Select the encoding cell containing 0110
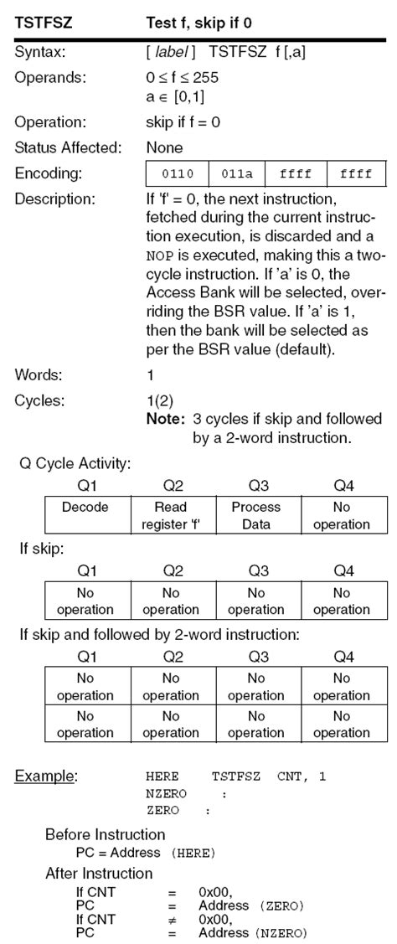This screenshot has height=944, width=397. (x=177, y=174)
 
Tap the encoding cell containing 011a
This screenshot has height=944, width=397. (x=236, y=174)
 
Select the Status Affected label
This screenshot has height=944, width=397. (x=68, y=148)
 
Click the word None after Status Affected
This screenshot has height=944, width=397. (x=164, y=148)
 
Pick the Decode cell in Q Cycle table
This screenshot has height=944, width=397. (x=86, y=508)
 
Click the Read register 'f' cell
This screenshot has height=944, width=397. (x=173, y=516)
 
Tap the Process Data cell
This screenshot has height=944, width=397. (x=256, y=516)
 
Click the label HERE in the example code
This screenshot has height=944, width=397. (x=162, y=777)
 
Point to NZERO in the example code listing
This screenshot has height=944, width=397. (x=166, y=793)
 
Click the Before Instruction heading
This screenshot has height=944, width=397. (x=105, y=834)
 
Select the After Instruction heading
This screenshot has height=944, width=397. (x=99, y=874)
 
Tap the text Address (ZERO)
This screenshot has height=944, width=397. (x=250, y=906)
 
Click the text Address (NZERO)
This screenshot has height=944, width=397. (x=253, y=933)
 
